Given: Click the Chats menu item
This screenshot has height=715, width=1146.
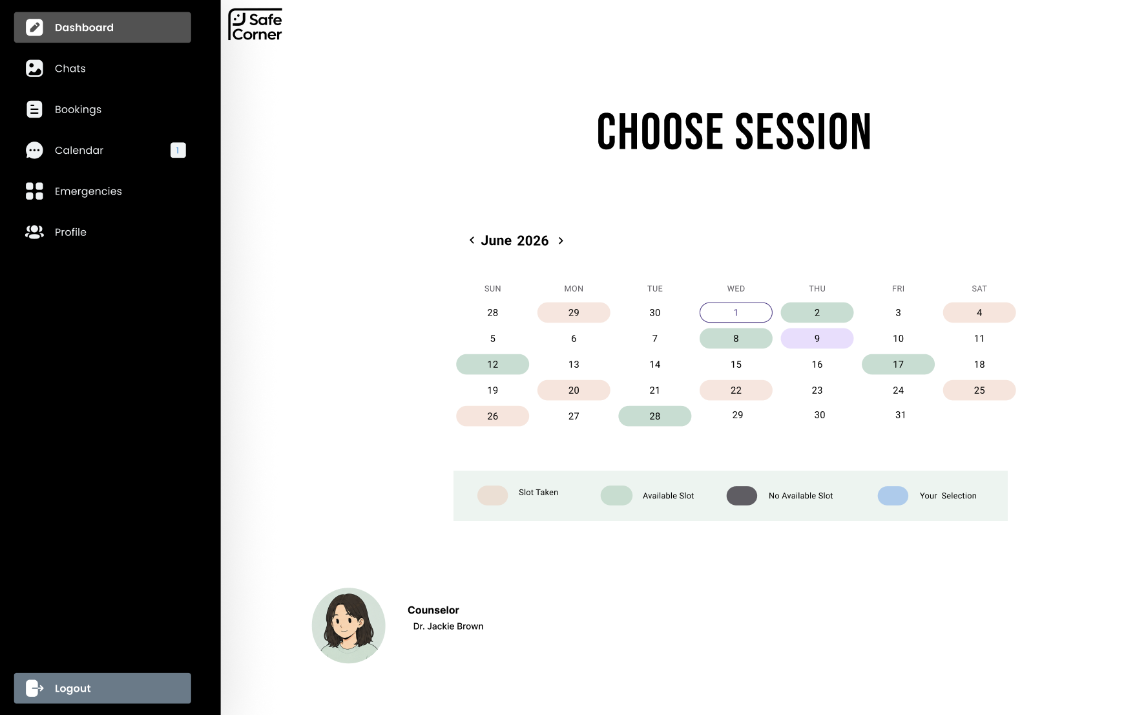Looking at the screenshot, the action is (x=70, y=69).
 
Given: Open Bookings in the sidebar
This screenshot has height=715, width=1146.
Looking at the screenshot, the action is (x=78, y=109).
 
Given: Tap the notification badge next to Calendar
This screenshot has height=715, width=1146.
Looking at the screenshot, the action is (x=178, y=150).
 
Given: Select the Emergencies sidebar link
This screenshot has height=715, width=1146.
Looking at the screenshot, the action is (x=88, y=191).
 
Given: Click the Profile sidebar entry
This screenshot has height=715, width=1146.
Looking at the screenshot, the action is (x=70, y=232).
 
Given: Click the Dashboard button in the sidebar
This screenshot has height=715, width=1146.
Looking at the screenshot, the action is (x=103, y=27).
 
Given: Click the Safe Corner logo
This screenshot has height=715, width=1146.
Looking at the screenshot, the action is (x=255, y=25).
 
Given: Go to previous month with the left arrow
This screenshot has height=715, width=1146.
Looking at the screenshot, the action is (x=472, y=240).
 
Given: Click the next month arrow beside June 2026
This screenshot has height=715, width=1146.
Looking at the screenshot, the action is (x=561, y=240).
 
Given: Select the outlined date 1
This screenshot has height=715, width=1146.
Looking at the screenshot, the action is (x=736, y=312).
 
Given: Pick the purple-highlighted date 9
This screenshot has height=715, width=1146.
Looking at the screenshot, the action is (x=817, y=338).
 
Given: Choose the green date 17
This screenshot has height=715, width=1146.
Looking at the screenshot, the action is (x=898, y=364).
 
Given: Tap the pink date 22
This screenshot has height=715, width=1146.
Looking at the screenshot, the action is (x=736, y=390).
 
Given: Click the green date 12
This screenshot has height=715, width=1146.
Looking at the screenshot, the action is (x=492, y=364).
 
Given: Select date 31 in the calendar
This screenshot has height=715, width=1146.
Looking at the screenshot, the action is (x=901, y=415).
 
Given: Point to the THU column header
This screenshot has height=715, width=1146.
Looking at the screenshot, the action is (x=817, y=288).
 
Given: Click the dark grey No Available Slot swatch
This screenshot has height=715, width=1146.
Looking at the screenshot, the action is (x=742, y=496).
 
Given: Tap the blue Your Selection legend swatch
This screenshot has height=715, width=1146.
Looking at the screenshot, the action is (x=893, y=496).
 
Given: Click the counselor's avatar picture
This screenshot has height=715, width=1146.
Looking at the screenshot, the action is (x=349, y=625).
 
